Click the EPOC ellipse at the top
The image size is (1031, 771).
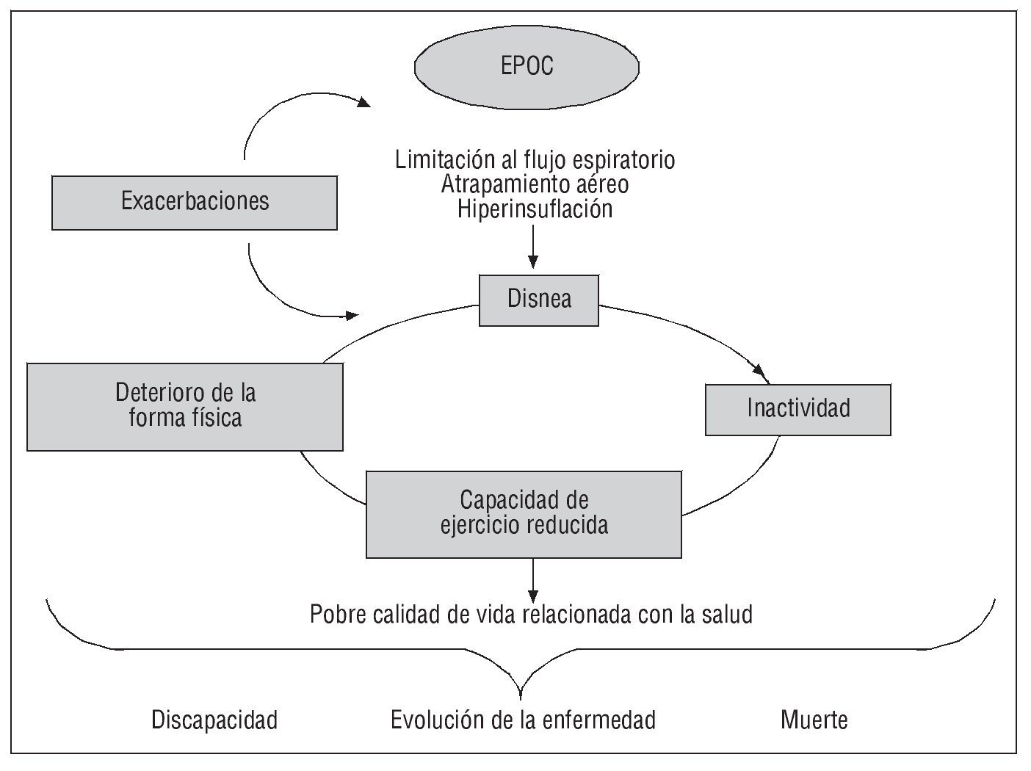(527, 67)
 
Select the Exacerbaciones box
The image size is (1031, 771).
(195, 202)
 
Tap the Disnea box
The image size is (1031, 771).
(539, 300)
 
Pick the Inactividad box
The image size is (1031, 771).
(798, 408)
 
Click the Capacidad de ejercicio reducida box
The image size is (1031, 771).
(524, 514)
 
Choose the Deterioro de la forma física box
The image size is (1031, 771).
(185, 405)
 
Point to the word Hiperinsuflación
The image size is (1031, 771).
(535, 209)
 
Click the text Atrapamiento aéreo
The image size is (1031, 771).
(535, 184)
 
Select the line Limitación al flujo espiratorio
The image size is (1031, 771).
(535, 159)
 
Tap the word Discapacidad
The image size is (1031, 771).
(214, 720)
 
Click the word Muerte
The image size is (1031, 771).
(814, 720)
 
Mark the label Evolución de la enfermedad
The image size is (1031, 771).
(523, 720)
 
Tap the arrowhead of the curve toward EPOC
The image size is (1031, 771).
(364, 104)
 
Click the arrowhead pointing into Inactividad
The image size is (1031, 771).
(764, 375)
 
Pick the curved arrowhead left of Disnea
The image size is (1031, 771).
(352, 316)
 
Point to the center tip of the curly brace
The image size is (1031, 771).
(521, 694)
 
